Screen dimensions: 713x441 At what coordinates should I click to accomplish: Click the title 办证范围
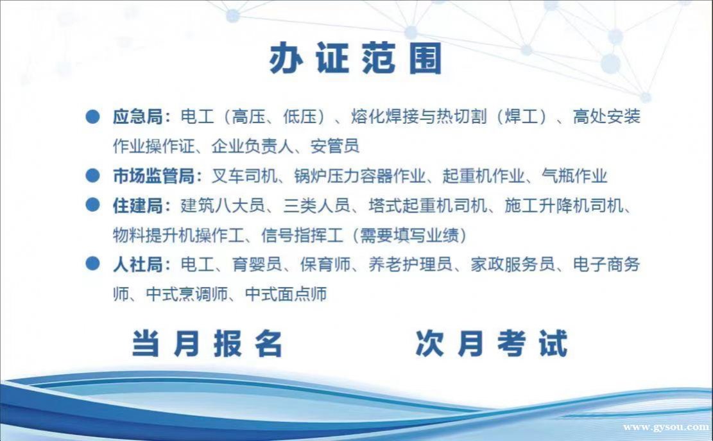356,58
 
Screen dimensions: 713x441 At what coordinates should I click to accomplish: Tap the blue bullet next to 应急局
93,116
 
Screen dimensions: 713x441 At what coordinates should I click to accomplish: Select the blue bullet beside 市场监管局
93,175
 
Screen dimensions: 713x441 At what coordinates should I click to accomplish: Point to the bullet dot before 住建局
93,205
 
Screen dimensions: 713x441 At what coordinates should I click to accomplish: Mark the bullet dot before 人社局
93,264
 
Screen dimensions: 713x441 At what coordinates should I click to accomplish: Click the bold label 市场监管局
153,176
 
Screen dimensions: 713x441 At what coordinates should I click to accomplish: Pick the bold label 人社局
138,264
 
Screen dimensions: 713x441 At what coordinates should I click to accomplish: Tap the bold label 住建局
138,205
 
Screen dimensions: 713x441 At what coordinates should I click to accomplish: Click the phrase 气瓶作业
574,176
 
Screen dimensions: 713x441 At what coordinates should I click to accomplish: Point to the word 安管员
334,146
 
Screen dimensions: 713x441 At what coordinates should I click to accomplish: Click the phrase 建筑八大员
222,205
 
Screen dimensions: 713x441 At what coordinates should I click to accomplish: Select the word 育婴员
257,264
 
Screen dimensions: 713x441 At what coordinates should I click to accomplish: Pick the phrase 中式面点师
286,294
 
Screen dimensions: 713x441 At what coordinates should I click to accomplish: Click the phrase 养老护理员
410,264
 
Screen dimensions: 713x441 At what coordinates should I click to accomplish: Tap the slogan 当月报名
207,343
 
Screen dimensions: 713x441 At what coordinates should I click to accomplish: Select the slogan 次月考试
492,343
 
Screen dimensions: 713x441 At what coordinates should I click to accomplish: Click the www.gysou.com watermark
666,427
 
